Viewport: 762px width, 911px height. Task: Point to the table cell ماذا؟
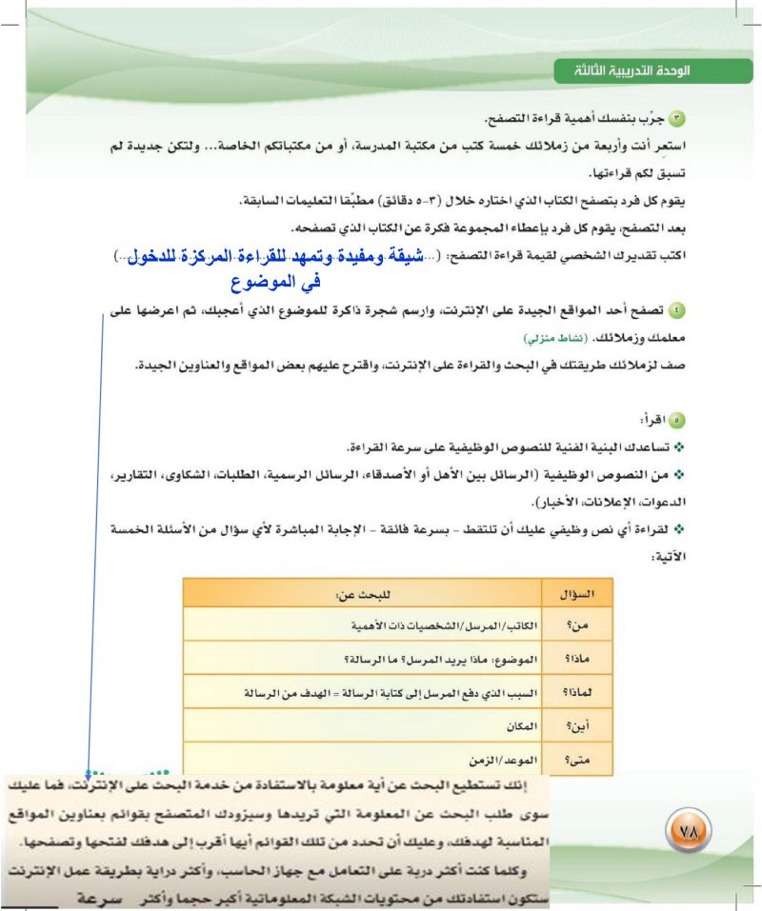577,658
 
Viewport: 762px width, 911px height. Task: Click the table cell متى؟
578,760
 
